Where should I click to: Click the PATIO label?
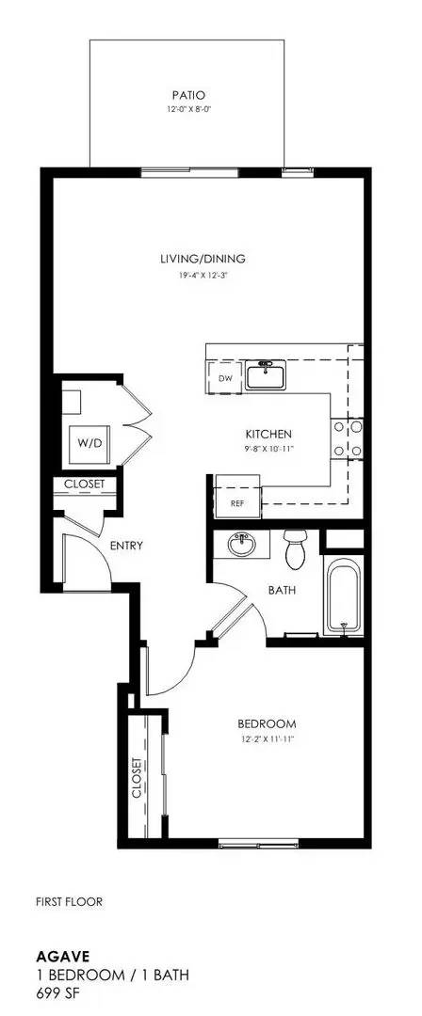tap(188, 95)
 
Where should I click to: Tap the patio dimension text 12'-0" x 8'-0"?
tap(188, 108)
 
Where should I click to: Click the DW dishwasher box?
tap(225, 378)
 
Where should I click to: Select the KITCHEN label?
tap(268, 434)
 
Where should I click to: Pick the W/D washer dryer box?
tap(89, 442)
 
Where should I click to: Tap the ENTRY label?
tap(125, 546)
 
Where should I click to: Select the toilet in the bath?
tap(296, 550)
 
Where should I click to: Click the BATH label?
tap(284, 591)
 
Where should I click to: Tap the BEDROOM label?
tap(267, 723)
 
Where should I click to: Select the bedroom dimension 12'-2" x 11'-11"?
tap(267, 740)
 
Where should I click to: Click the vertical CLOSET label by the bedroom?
tap(138, 777)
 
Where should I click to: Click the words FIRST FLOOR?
tap(69, 901)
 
